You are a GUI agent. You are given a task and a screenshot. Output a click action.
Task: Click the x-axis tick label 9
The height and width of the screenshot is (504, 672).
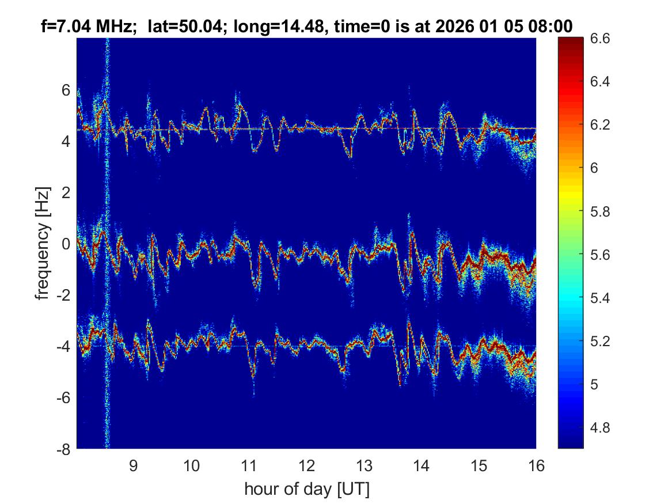click(134, 466)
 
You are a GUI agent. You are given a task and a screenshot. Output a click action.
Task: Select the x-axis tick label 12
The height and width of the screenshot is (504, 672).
click(306, 466)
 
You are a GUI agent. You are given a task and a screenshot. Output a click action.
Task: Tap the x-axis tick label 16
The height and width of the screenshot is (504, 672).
click(536, 466)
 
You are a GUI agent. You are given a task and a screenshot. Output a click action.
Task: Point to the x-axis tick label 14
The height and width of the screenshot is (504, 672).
click(422, 466)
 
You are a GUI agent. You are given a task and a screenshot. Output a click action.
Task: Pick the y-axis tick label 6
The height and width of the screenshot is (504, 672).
click(66, 90)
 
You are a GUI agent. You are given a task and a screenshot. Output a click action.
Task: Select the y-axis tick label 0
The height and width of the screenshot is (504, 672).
click(66, 244)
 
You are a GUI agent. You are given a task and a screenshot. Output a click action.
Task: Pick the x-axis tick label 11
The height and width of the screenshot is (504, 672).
click(249, 466)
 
